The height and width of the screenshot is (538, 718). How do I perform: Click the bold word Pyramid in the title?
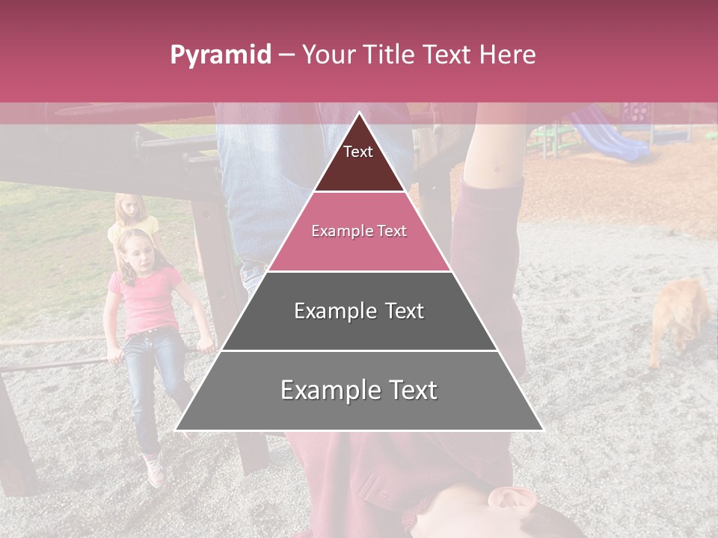coord(220,55)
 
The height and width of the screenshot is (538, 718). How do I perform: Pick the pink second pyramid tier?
coord(359,250)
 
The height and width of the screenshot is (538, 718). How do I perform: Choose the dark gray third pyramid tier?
coord(359,329)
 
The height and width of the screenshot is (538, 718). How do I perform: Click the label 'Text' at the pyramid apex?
coord(358,152)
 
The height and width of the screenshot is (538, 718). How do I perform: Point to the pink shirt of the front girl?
coord(146,299)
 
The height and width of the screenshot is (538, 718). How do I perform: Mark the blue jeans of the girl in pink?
coord(150,374)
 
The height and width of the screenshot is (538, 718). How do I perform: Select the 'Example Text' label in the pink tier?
coord(359,231)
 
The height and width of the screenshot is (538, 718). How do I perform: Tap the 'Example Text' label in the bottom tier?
coord(359,390)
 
